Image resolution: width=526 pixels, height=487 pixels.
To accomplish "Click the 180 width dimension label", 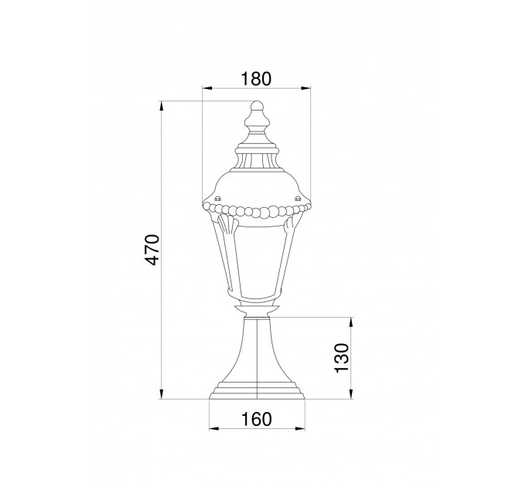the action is tap(255, 79).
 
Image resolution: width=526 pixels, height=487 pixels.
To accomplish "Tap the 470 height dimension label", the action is tap(152, 250).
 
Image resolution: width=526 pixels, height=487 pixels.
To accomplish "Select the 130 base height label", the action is tap(342, 358).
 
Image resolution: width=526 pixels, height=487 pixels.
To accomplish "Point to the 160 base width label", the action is tap(257, 419).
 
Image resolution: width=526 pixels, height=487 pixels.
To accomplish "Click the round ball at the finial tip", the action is tap(258, 106).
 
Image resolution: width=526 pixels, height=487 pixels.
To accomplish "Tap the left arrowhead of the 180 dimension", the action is tap(207, 88).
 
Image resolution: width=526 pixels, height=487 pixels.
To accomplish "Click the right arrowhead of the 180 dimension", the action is tap(306, 88).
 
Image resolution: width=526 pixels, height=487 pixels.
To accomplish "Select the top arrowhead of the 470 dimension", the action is tap(162, 106).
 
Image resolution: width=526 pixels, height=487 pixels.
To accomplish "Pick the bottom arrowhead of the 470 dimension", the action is tap(162, 393).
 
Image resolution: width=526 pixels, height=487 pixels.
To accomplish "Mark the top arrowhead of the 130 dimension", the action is tap(351, 322).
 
